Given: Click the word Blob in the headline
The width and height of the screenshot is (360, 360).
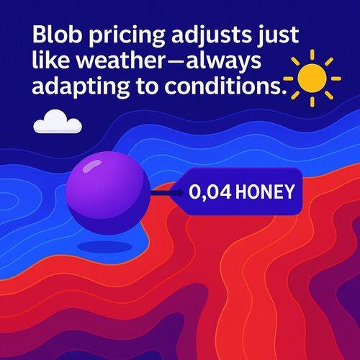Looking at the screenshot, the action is pos(58,34).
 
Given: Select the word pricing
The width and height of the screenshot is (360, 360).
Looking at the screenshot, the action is pos(127,37).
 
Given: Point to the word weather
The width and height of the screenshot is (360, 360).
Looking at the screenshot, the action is pos(120,60).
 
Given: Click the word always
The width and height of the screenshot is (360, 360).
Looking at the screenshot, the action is pos(224,63).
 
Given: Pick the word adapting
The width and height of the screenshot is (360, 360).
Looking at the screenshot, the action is pos(81,88).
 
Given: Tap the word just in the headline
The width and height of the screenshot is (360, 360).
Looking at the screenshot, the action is pos(279,37).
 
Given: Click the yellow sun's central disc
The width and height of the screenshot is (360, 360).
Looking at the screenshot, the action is pos(312,78).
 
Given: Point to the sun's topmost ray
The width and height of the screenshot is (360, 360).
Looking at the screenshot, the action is pos(312,54).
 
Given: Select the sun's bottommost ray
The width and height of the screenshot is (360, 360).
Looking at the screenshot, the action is pos(312,102).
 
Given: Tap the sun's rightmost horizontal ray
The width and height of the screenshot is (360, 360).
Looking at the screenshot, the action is pos(336,78).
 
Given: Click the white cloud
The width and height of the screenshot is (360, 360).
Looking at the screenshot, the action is pos(58,122).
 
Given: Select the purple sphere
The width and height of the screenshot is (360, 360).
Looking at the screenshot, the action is pos(108,193).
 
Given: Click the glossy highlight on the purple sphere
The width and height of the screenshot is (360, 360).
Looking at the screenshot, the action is pos(91,166).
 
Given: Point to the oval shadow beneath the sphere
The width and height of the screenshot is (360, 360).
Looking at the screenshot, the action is pos(105,247).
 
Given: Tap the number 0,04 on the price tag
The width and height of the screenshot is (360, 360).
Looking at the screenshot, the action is pos(210,192).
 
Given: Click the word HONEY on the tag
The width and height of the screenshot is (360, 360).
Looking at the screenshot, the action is pos(265,192).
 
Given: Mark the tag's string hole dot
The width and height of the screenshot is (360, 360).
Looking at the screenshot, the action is pos(179,192).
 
